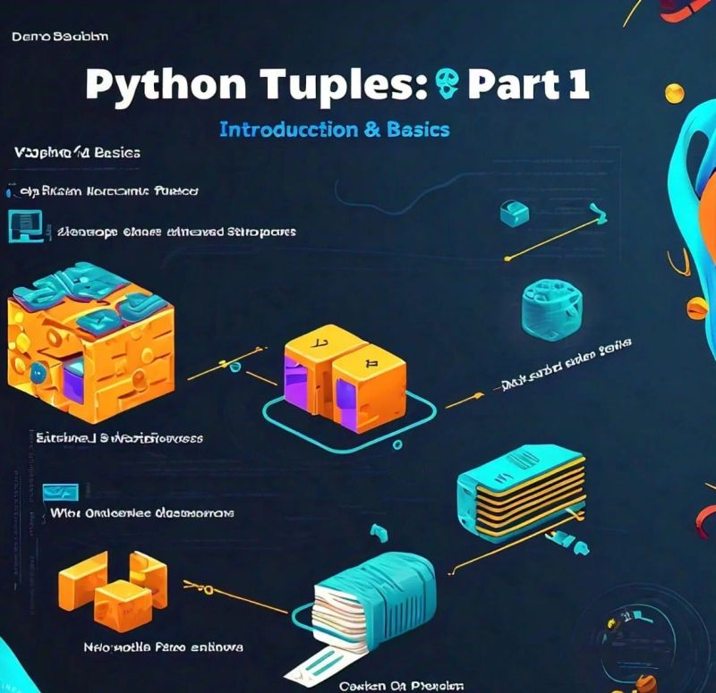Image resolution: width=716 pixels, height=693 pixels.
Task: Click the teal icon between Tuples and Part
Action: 448,85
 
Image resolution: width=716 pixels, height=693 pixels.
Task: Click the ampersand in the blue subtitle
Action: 373,129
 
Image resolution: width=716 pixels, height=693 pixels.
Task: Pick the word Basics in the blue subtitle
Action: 418,129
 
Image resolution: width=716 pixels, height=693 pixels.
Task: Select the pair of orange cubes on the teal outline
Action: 345,371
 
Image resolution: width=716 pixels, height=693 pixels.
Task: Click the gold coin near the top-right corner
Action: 674,92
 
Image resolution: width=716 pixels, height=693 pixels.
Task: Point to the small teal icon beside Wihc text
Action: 61,491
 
